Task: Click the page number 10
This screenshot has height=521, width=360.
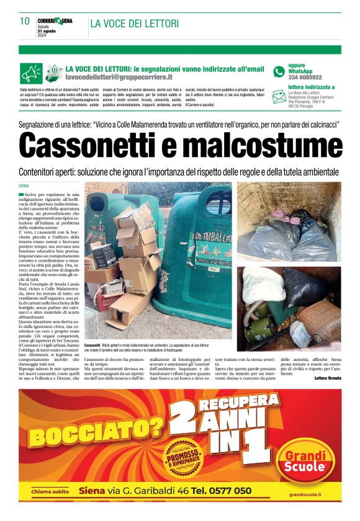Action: (25, 22)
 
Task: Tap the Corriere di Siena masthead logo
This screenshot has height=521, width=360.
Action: (55, 21)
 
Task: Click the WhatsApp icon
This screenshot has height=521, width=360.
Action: (279, 71)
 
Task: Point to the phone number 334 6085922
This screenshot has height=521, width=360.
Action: (305, 78)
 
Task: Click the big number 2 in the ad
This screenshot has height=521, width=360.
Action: (184, 424)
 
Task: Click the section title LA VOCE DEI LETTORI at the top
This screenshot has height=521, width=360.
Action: (134, 24)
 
